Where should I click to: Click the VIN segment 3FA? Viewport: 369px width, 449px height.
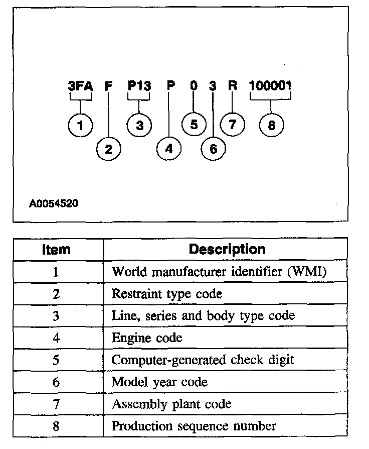[80, 86]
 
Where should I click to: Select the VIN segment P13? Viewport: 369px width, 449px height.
[139, 86]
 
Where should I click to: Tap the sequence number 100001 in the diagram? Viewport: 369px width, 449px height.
[270, 86]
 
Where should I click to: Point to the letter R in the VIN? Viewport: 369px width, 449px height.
[232, 86]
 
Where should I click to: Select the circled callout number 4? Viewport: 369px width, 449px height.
[169, 148]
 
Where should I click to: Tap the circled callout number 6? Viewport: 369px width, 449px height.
[213, 148]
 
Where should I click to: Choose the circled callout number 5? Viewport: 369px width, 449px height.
[194, 125]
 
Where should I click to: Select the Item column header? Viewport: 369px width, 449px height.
[56, 249]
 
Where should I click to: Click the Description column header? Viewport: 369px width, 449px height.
[227, 249]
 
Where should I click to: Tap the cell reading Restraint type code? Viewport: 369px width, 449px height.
[166, 294]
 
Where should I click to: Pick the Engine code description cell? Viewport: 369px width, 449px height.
[147, 338]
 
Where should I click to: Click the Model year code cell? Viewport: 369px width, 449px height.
[159, 382]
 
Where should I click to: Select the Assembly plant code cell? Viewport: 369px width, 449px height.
[171, 404]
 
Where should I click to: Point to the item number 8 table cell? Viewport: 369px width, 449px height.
[56, 426]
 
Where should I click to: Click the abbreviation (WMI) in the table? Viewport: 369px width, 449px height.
[309, 272]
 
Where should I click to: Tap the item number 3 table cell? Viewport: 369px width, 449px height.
[56, 316]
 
